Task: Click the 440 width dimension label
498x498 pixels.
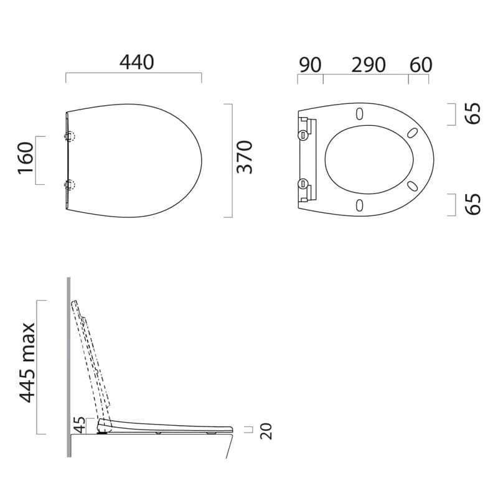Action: point(137,62)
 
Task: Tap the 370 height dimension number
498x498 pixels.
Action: point(245,157)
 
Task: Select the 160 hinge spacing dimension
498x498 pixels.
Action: point(26,158)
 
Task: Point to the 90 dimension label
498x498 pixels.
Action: point(310,65)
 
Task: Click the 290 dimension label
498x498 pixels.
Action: point(369,65)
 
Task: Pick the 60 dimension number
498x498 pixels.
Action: point(421,65)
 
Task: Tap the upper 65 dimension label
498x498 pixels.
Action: point(472,113)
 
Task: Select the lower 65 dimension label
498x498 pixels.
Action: point(472,204)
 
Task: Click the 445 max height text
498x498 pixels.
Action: point(27,363)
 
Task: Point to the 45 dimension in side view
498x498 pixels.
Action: point(80,425)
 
